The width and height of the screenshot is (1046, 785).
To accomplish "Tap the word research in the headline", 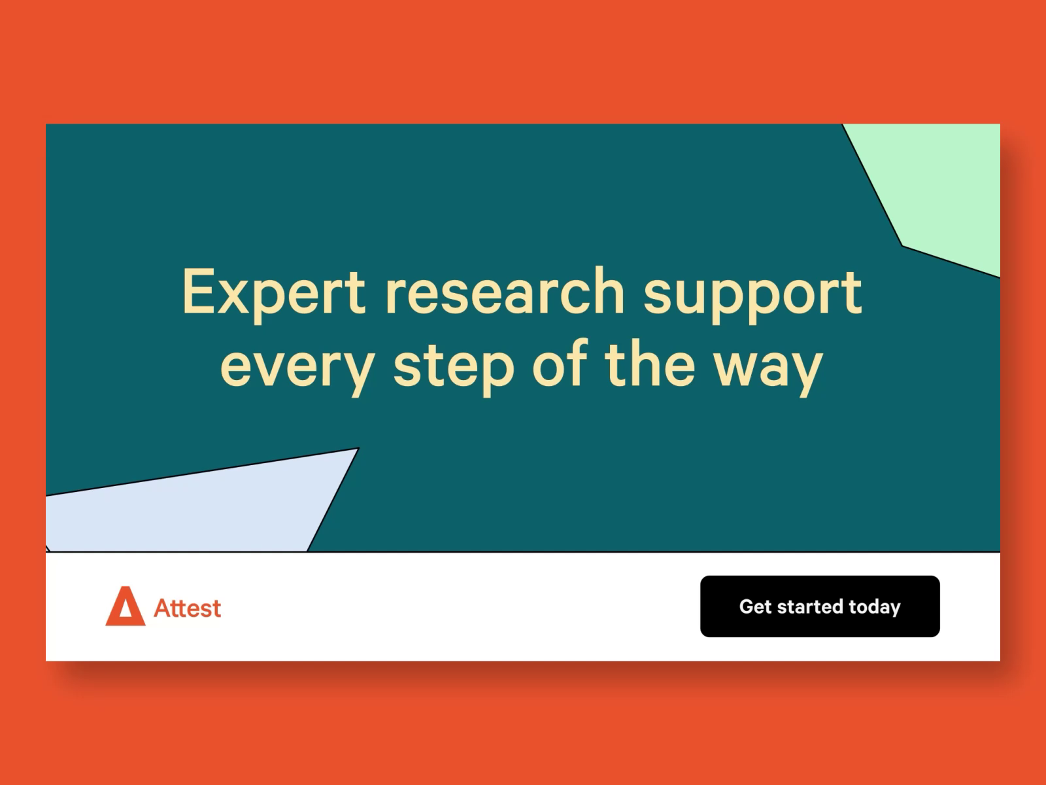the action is coord(504,291).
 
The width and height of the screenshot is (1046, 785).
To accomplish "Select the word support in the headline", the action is coord(753,296).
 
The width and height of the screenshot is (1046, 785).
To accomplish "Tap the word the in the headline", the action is coord(650,362).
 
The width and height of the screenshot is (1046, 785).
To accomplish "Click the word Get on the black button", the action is coord(755,606).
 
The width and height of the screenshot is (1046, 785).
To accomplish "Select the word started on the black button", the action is coord(811,606).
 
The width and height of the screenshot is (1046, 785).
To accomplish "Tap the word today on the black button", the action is coord(875,608).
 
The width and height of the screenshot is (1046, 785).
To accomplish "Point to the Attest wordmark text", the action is coord(187,608).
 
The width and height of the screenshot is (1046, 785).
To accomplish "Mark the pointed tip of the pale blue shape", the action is coord(358,448).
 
